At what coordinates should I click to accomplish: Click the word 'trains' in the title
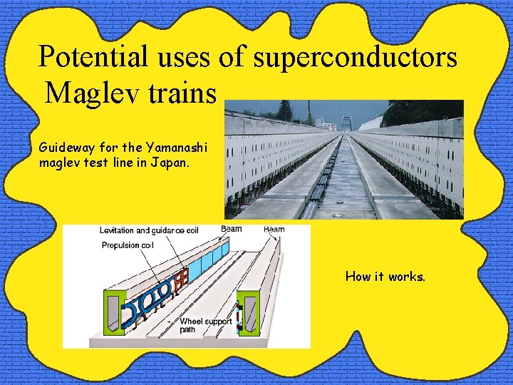pyautogui.click(x=185, y=93)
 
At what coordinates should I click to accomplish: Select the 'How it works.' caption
pyautogui.click(x=385, y=276)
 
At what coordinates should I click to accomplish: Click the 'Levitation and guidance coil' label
pyautogui.click(x=148, y=230)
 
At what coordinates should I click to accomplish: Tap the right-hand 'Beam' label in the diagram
pyautogui.click(x=274, y=230)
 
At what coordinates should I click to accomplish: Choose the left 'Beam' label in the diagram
pyautogui.click(x=231, y=230)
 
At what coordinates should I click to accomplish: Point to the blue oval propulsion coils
pyautogui.click(x=146, y=297)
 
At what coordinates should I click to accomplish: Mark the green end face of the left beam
pyautogui.click(x=116, y=310)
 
